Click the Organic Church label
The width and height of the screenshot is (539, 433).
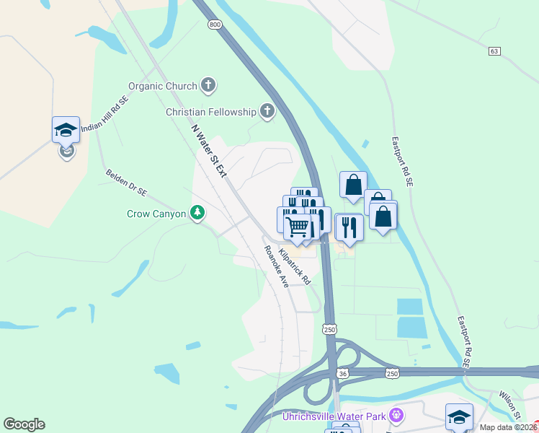tap(162, 86)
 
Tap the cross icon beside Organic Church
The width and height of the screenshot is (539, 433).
tap(208, 86)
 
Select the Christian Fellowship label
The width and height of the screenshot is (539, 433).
tap(210, 112)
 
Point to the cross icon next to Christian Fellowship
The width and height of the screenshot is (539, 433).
tap(267, 111)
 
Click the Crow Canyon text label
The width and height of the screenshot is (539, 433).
tap(156, 214)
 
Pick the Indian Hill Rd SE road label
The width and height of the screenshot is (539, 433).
tap(104, 114)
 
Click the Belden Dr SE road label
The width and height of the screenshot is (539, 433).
tap(126, 183)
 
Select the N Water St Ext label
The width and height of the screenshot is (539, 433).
tap(209, 150)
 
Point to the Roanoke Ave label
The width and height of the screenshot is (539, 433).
tap(276, 266)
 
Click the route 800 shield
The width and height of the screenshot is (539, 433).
tap(215, 25)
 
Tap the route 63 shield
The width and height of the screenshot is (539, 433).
tap(494, 51)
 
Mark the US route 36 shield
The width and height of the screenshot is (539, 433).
tap(343, 372)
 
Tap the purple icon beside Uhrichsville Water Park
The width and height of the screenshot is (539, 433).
tap(395, 416)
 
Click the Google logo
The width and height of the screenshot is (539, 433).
tap(24, 424)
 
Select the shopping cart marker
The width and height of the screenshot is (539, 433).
tap(298, 227)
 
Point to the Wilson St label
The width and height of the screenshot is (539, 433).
tap(510, 406)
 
